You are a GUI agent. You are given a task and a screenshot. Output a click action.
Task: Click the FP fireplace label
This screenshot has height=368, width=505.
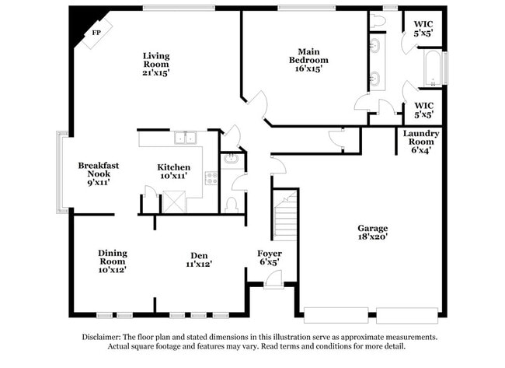(97, 33)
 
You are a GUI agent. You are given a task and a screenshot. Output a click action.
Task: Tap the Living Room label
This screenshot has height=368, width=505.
(155, 64)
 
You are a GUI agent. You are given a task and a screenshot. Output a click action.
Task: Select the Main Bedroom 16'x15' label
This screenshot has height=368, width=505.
(308, 59)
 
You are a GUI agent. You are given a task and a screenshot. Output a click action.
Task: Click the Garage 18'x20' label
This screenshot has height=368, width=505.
(372, 232)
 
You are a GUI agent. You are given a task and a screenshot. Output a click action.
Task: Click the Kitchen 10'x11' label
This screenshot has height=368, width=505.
(174, 172)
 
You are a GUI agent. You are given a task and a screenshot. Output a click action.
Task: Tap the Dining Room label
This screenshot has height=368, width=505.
(112, 261)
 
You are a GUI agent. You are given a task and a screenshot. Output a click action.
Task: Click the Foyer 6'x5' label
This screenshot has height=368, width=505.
(270, 258)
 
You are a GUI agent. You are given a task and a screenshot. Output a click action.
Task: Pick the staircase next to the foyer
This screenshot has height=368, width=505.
(285, 216)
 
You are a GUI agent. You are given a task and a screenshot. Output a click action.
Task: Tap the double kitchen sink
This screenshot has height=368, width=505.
(185, 138)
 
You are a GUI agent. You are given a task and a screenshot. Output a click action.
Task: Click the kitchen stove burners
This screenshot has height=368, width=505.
(211, 178)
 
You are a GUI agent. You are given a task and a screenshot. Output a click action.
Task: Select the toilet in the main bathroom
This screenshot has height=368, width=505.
(378, 21)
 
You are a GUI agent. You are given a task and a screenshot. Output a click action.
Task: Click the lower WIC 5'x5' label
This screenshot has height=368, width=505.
(423, 110)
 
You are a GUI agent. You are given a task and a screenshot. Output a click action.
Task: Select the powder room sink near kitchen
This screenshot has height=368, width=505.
(231, 159)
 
